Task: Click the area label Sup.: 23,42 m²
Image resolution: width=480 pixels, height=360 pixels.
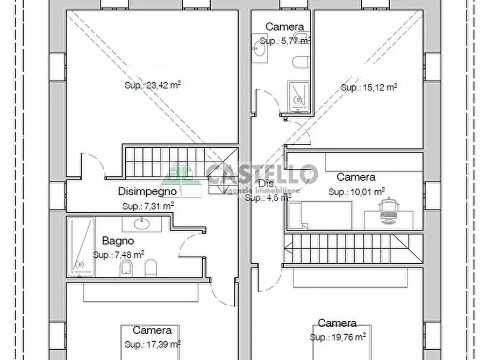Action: point(153,84)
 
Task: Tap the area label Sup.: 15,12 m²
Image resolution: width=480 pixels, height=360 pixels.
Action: point(369,87)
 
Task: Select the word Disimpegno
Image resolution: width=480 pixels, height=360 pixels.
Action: point(147,191)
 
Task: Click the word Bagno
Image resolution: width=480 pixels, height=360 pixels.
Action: point(118,241)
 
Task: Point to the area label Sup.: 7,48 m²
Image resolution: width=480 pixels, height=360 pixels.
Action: point(118,255)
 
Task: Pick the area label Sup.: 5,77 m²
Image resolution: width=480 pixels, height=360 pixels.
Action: point(285,40)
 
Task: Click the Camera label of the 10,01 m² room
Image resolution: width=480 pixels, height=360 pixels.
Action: point(356,177)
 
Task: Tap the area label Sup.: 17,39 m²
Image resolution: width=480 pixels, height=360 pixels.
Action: point(152,344)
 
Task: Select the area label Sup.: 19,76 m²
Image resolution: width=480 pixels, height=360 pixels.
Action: point(338,337)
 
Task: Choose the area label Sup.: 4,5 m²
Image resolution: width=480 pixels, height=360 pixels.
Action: point(268,197)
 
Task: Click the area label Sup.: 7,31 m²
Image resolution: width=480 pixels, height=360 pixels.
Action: point(148,205)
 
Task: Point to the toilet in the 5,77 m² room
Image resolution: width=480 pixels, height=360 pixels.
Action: point(300,62)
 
